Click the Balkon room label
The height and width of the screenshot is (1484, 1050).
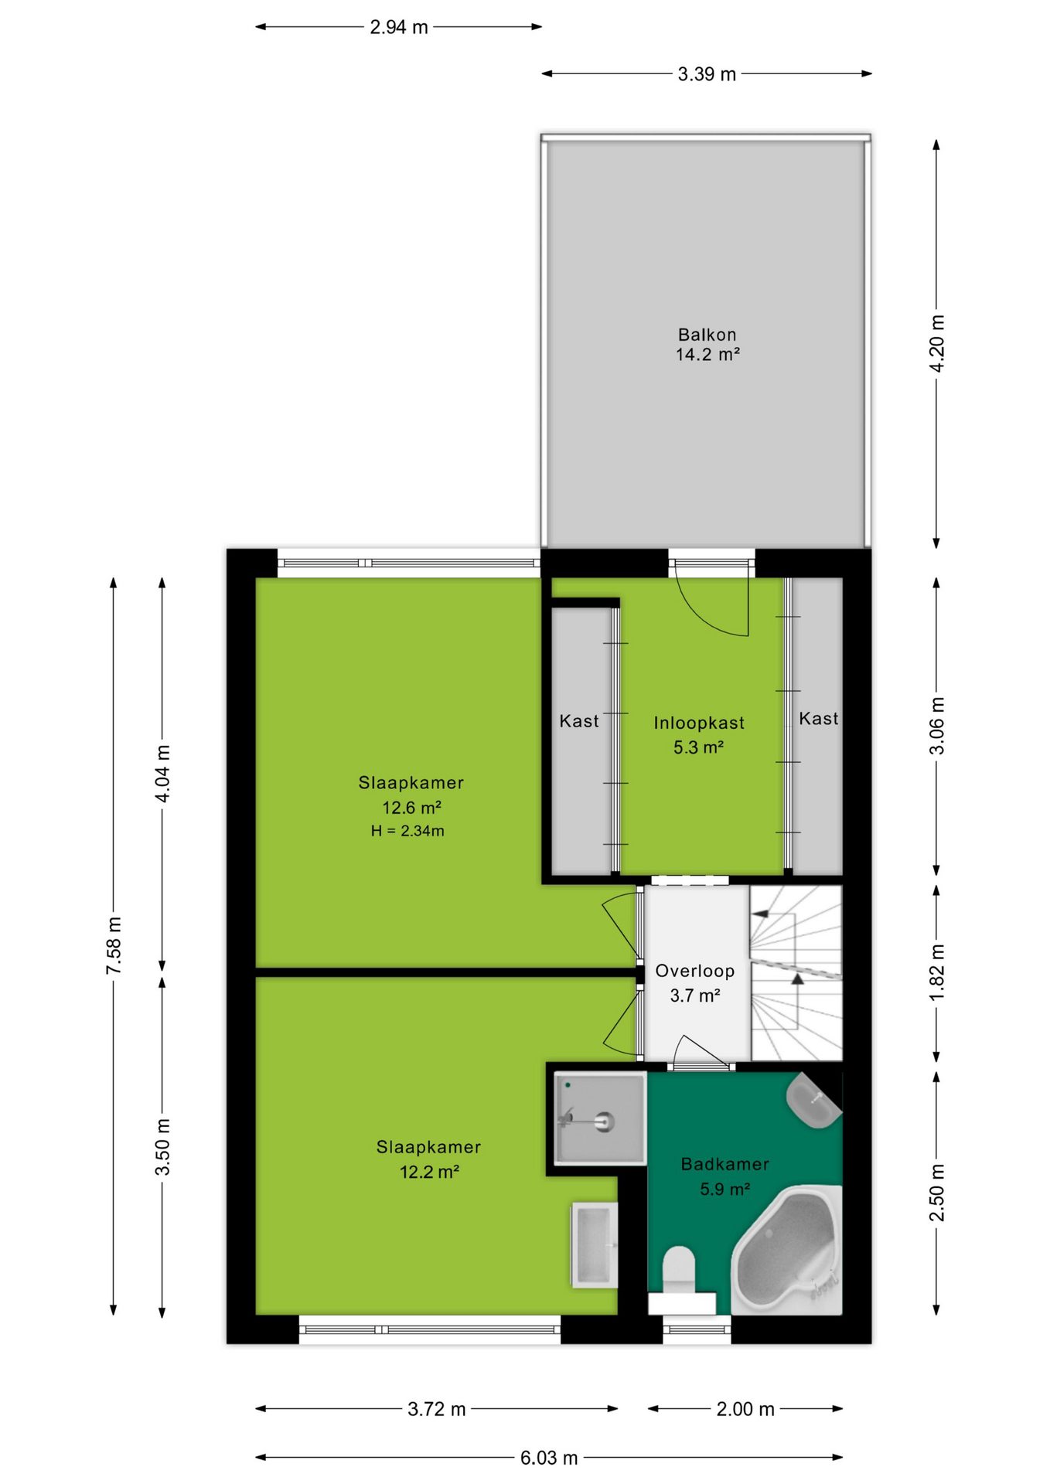(707, 335)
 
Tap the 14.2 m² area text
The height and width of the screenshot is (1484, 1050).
(707, 355)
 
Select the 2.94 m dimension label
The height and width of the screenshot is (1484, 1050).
(398, 27)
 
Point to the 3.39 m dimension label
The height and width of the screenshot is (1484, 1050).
(707, 74)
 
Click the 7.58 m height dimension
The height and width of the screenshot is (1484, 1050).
(114, 945)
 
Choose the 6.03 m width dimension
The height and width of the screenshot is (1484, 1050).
(549, 1458)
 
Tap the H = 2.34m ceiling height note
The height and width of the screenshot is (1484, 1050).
(407, 831)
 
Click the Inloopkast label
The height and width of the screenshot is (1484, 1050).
(699, 723)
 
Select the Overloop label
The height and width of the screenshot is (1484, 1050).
(694, 971)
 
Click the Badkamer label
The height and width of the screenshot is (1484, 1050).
(724, 1164)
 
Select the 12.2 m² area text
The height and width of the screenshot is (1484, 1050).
(429, 1172)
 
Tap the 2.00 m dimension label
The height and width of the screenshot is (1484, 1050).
(745, 1409)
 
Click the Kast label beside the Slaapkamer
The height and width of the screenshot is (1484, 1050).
(579, 721)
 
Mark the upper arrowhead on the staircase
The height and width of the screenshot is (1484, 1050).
(760, 914)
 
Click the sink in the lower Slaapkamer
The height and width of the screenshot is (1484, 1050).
(595, 1245)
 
